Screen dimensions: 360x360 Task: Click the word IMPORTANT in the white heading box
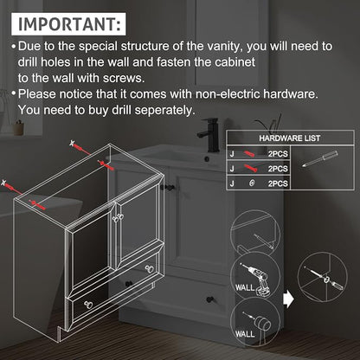67,24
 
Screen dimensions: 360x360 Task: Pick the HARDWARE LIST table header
290,138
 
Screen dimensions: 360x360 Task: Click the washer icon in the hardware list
252,183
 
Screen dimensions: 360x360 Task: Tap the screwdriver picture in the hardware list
320,158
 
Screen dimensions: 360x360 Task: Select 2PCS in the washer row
278,183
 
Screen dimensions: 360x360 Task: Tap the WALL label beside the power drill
245,287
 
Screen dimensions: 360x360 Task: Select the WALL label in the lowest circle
245,334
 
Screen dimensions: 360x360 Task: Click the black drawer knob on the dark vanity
209,299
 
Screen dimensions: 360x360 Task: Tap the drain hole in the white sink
207,158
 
